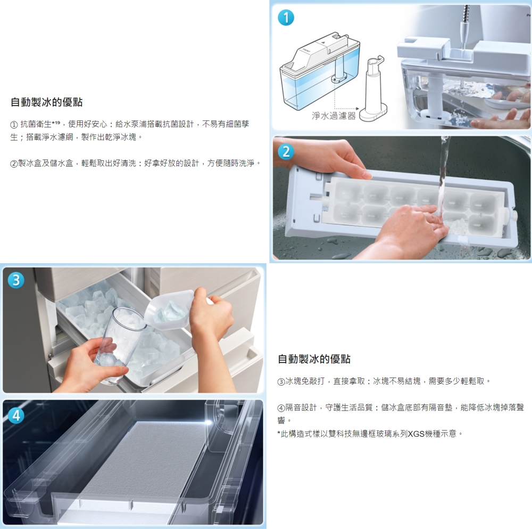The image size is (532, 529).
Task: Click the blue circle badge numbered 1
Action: [286, 18]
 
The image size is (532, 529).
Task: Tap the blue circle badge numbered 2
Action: [286, 151]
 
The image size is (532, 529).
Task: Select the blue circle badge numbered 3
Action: [16, 280]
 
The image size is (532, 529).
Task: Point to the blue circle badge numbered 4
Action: [16, 416]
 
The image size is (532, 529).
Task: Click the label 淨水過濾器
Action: [334, 116]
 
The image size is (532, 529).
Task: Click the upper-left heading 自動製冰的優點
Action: [46, 102]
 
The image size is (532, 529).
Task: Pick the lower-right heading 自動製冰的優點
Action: [314, 359]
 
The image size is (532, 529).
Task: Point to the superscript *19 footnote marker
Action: [56, 122]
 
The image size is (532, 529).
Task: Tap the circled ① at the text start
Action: [14, 125]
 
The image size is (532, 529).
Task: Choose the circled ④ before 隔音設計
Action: [281, 408]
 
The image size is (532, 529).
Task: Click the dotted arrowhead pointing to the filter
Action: [357, 109]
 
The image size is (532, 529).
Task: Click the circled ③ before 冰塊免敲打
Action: [281, 381]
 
